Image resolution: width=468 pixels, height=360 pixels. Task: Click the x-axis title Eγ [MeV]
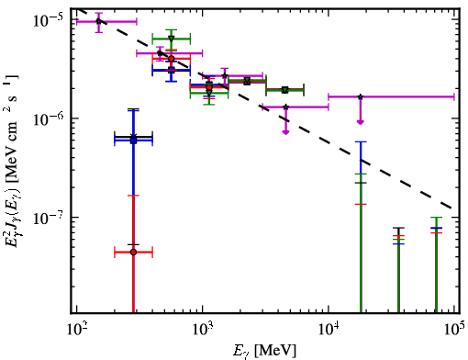pos(264,351)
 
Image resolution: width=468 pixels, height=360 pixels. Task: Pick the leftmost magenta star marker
pos(98,21)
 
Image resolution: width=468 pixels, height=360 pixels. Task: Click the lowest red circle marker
pos(133,253)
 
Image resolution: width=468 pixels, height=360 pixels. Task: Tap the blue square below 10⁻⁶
pos(133,141)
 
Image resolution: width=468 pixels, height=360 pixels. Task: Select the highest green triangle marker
pos(172,39)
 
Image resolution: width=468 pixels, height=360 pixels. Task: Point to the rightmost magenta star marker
pos(361,96)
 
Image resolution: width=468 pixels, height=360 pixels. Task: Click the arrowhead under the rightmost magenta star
pos(361,122)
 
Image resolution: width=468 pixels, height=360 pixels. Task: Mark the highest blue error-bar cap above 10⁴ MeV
pos(361,141)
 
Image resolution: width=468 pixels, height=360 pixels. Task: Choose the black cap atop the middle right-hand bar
pos(398,228)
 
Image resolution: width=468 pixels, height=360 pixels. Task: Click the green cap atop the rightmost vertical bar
pos(436,218)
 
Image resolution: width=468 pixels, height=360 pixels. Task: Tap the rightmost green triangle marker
pos(285,90)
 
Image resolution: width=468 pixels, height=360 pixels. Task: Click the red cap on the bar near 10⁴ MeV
pos(361,204)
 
